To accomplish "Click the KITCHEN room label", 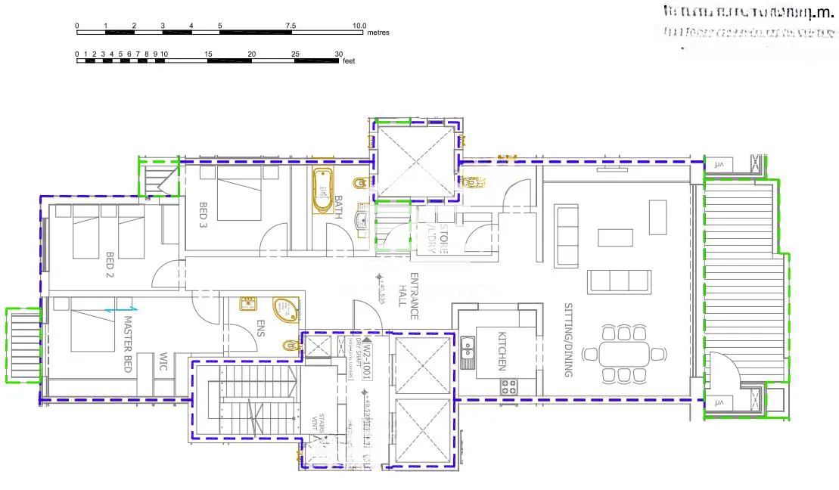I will pos(502,351).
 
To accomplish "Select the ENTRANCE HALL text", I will pos(414,296).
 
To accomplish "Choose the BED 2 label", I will pos(110,265).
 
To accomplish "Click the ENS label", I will pos(260,328).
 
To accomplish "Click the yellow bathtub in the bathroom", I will pos(323,192).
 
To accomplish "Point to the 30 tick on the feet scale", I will pos(338,54).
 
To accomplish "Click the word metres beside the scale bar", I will pos(378,33).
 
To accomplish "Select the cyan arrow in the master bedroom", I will pos(121,309).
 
